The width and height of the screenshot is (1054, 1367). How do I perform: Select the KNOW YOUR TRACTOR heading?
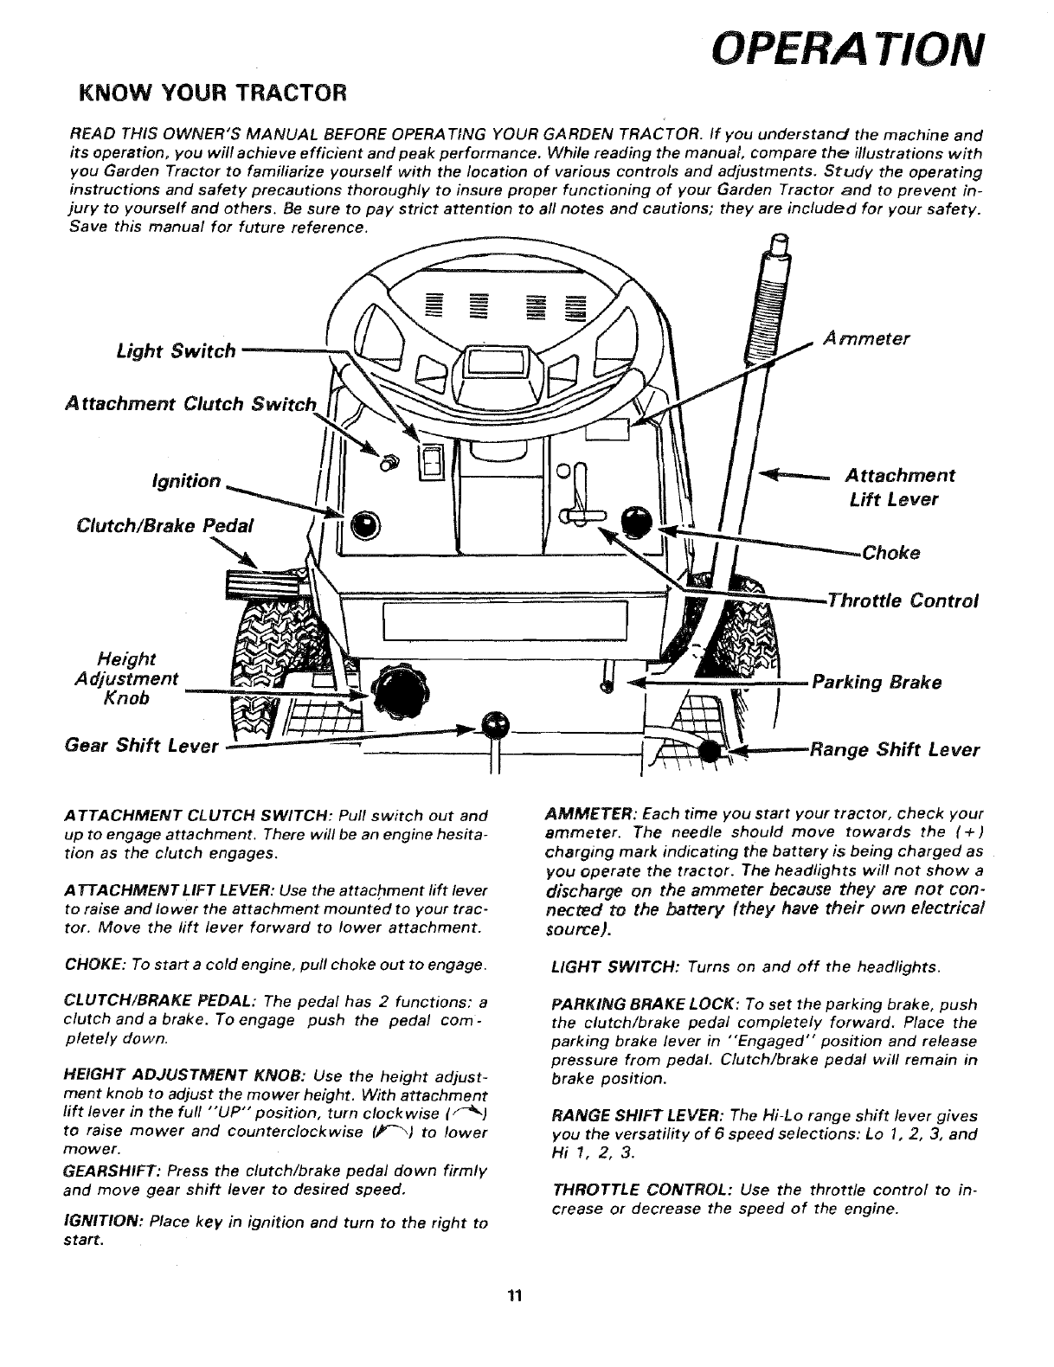point(212,91)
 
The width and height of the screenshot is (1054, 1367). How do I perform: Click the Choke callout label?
point(890,553)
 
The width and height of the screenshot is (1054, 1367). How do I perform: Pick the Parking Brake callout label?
point(875,682)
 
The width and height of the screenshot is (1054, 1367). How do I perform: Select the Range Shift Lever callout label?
point(893,750)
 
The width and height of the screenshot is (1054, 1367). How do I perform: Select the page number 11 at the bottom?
point(516,1295)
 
